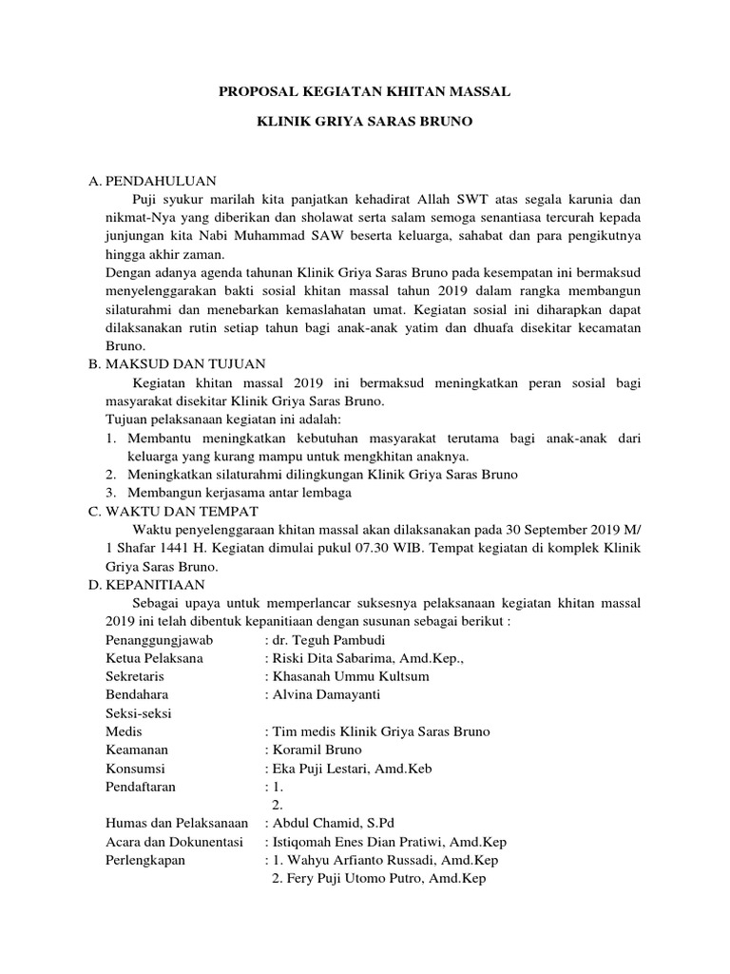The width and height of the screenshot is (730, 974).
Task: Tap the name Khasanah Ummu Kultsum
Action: click(353, 676)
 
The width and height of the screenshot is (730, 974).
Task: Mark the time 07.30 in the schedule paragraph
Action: click(462, 549)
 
